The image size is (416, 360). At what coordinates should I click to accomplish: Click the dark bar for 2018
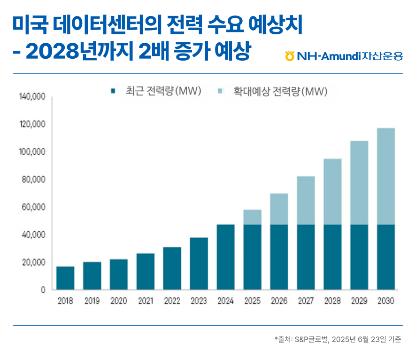pyautogui.click(x=65, y=278)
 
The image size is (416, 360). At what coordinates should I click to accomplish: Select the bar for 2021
pyautogui.click(x=146, y=271)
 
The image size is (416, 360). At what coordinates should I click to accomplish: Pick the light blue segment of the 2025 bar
pyautogui.click(x=253, y=217)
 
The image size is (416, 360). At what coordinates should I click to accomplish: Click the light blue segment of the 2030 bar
pyautogui.click(x=386, y=176)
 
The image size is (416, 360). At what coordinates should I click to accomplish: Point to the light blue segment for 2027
pyautogui.click(x=306, y=200)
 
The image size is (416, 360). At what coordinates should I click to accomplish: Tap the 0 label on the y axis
pyautogui.click(x=42, y=290)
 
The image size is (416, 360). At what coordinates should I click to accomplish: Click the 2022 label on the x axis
pyautogui.click(x=172, y=301)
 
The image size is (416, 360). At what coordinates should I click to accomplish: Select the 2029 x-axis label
pyautogui.click(x=359, y=301)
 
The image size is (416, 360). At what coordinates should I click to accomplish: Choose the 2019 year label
pyautogui.click(x=92, y=301)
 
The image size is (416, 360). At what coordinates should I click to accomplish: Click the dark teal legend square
pyautogui.click(x=112, y=90)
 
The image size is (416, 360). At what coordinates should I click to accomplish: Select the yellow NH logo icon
pyautogui.click(x=290, y=57)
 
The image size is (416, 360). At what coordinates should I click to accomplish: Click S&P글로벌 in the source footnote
pyautogui.click(x=310, y=339)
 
